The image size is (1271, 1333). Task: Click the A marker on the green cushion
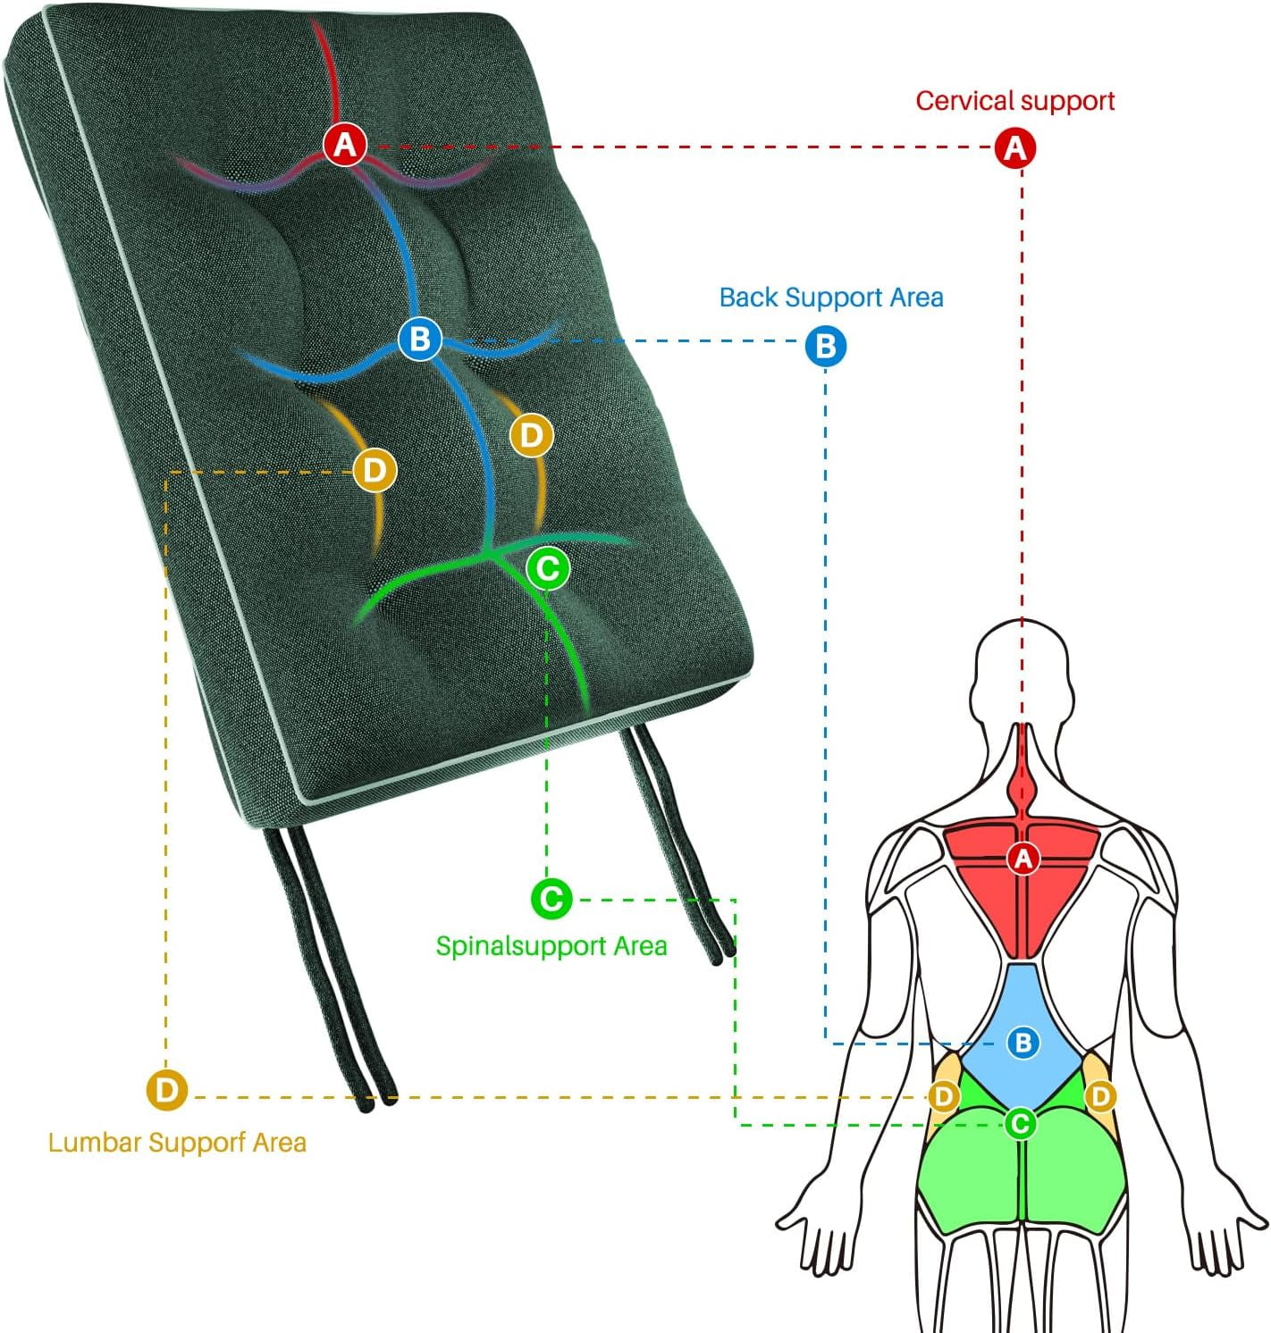coord(345,145)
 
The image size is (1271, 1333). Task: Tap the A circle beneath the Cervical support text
coord(1015,147)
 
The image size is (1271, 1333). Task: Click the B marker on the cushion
coord(420,339)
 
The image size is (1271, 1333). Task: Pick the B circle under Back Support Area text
coord(825,346)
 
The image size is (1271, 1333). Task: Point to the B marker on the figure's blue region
coord(1023,1042)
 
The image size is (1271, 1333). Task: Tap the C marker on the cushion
coord(548,567)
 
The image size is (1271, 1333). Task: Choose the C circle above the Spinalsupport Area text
coord(551,899)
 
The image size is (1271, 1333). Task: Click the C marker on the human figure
coord(1019,1123)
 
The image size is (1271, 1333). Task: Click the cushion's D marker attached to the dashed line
coord(375,470)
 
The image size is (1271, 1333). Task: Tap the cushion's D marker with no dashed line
coord(531,434)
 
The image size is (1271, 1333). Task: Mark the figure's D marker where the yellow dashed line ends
coord(943,1095)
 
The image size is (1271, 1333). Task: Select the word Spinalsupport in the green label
coord(520,946)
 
